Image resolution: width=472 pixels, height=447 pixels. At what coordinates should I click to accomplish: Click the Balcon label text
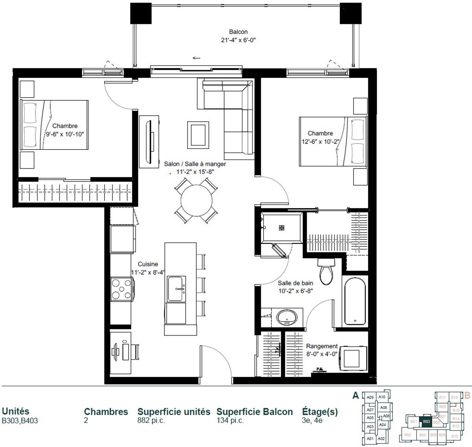(238, 32)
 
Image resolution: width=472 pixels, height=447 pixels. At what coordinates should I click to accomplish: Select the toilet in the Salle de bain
(326, 271)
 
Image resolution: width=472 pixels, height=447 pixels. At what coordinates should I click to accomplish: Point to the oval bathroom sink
(287, 317)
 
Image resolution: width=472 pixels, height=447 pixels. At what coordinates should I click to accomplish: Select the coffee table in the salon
(198, 133)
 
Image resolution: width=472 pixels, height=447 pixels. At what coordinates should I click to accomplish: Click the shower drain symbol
(281, 227)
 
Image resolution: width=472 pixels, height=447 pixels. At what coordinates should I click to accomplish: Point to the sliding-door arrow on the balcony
(196, 58)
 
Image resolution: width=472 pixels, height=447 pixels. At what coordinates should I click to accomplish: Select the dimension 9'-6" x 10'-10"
(65, 134)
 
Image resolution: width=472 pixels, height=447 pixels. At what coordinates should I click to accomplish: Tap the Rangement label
(322, 346)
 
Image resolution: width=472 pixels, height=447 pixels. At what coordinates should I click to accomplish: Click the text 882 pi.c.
(151, 421)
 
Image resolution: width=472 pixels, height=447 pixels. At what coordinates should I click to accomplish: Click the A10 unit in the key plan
(382, 397)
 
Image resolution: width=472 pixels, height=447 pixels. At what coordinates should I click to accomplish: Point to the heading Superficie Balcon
(254, 412)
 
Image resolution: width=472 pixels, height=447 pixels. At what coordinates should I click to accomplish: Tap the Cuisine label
(148, 264)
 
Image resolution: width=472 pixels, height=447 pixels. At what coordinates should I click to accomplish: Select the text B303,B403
(20, 421)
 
